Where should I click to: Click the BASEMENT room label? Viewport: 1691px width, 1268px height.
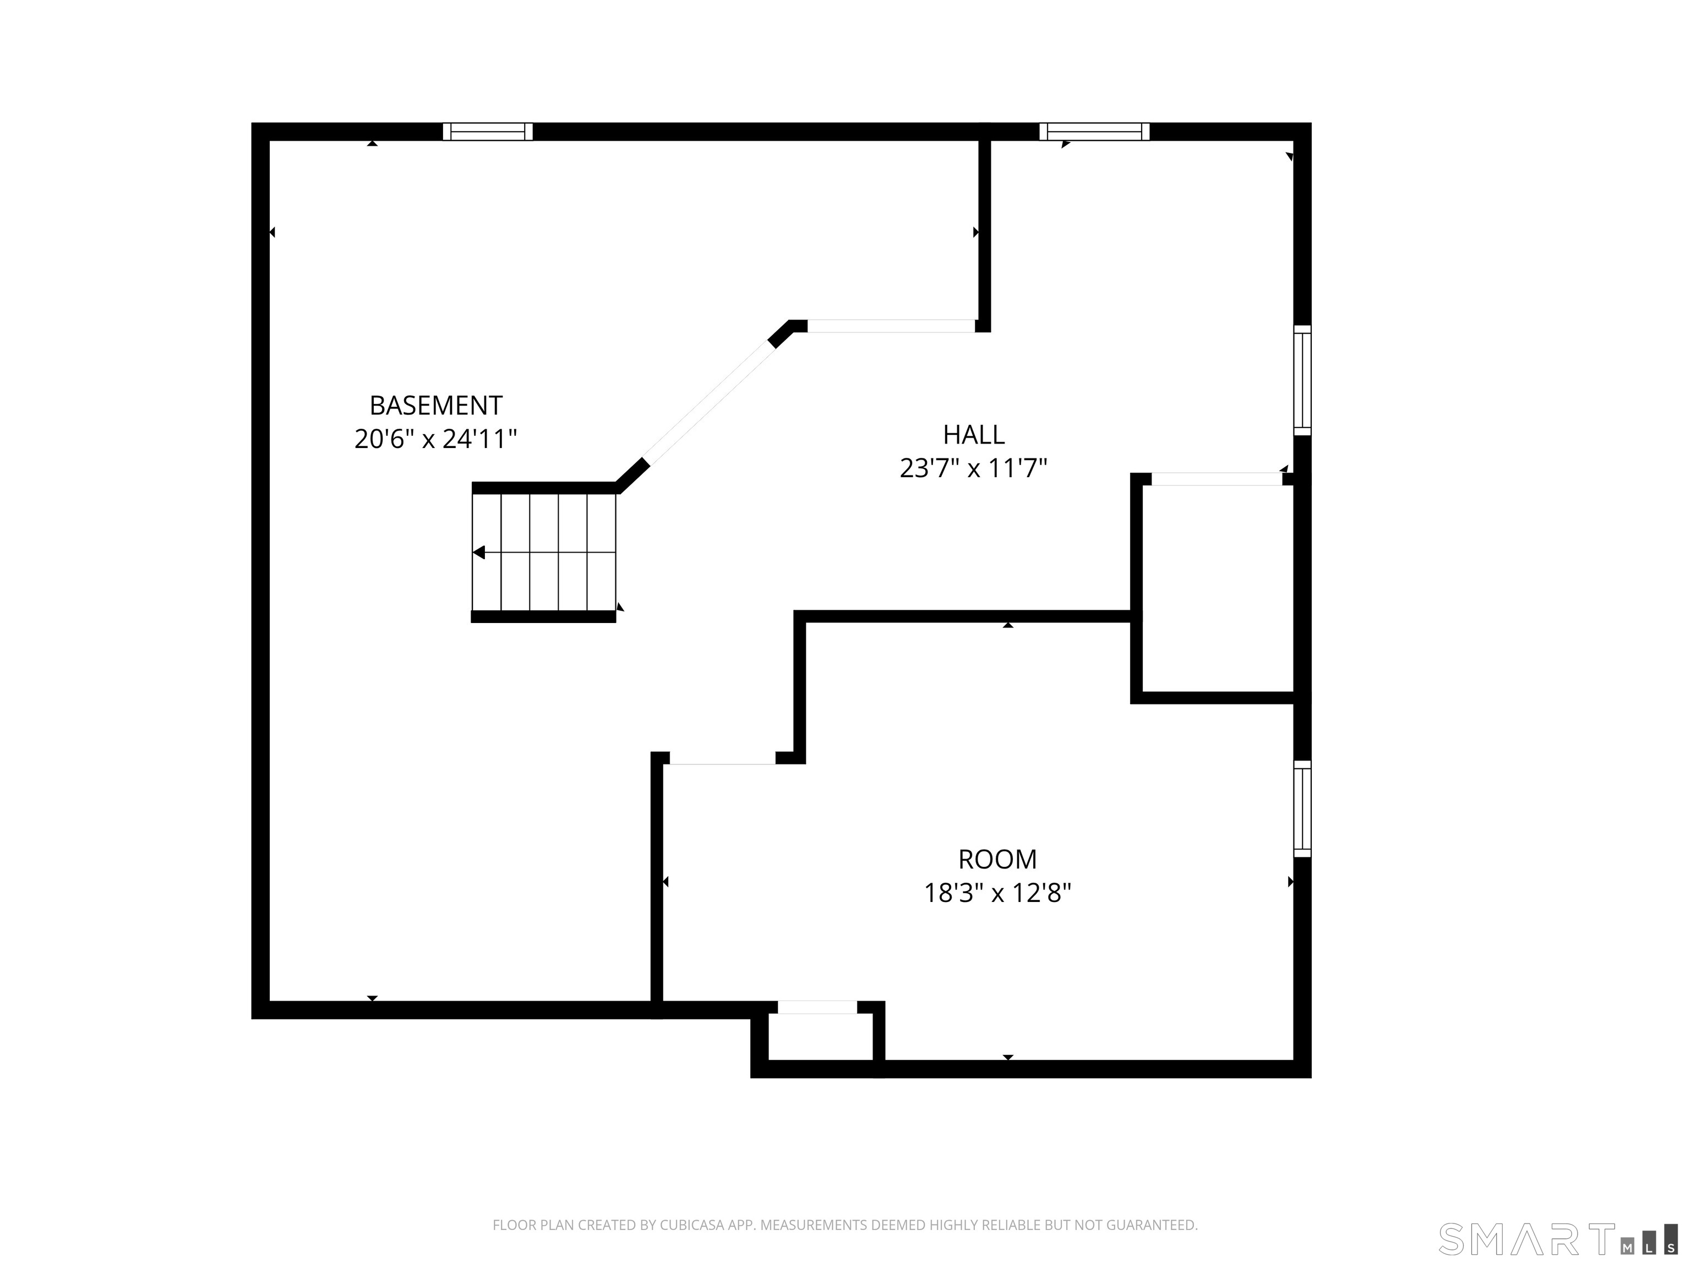point(436,405)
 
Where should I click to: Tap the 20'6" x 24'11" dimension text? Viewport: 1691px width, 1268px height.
point(436,439)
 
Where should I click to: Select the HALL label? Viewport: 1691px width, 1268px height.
point(973,435)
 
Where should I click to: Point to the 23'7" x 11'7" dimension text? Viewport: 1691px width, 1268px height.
point(973,468)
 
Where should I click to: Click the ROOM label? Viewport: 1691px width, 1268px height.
point(997,859)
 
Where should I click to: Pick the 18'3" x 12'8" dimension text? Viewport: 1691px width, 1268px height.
point(997,893)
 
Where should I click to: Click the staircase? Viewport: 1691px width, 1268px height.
point(543,552)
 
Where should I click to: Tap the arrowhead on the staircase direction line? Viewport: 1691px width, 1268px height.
point(478,552)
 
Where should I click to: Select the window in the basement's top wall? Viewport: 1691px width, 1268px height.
point(488,132)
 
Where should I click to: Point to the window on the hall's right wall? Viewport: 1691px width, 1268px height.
point(1302,380)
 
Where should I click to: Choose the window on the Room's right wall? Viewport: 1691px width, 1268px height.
point(1302,808)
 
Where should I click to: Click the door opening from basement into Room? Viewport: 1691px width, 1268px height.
point(722,758)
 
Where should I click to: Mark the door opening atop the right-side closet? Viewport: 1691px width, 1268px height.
point(1217,479)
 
